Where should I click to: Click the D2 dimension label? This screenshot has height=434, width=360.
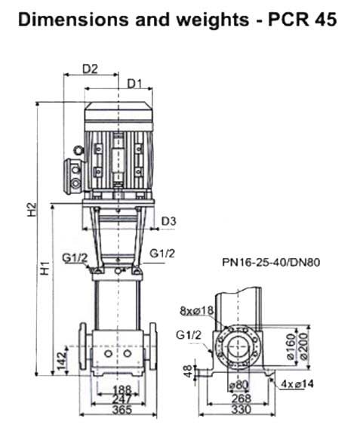tap(91, 69)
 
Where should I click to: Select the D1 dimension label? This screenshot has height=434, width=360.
tap(134, 84)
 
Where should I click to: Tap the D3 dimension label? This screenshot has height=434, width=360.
tap(169, 221)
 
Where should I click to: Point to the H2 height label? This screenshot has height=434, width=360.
tap(32, 210)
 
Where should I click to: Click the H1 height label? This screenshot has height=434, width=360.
tap(45, 268)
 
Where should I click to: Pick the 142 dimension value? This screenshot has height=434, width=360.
tap(62, 360)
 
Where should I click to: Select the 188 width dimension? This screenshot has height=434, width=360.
tap(122, 390)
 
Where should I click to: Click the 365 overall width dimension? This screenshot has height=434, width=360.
tap(122, 410)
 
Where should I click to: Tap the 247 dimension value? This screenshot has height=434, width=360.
tap(122, 400)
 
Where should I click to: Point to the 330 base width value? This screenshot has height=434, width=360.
tap(241, 410)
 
